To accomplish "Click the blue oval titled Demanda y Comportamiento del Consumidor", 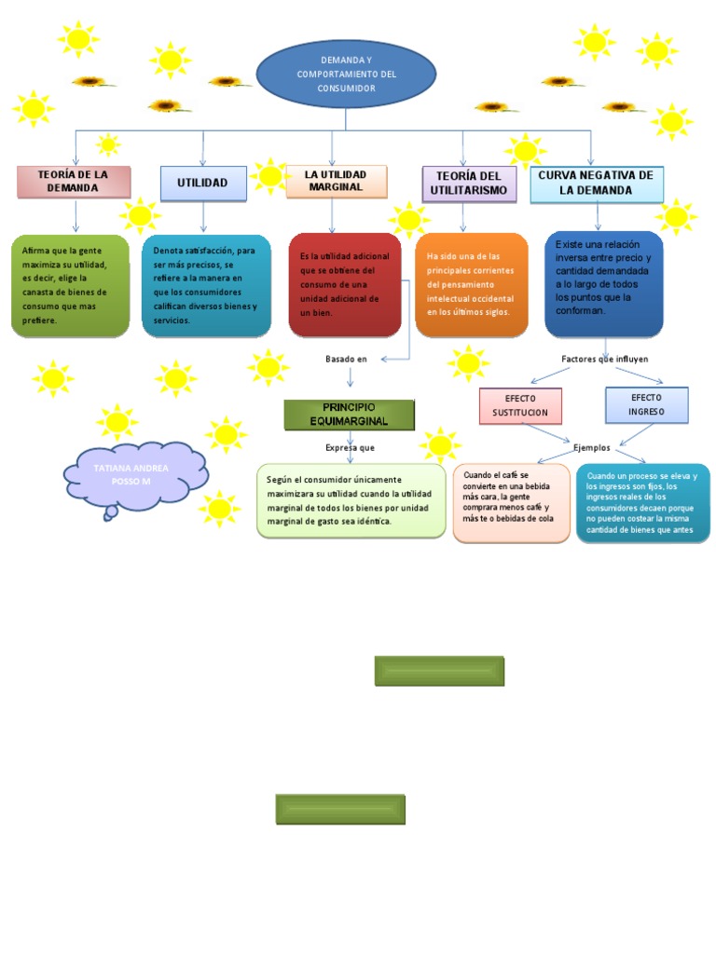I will coord(346,74).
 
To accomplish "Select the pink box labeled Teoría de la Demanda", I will coord(73,182).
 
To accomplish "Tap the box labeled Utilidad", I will coord(203,184).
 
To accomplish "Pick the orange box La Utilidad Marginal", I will coord(337,182).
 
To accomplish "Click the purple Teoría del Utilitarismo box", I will coord(468,184).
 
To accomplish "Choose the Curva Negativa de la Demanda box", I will coord(597,184).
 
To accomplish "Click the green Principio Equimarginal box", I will coord(349,415).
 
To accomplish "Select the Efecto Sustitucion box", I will coord(520,405).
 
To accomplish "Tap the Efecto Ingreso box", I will coord(646,404).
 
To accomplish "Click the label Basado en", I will coord(346,359).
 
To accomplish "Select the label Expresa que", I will coord(351,448).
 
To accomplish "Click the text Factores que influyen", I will coord(604,359).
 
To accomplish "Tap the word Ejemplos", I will coord(591,448).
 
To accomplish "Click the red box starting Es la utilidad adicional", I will coord(345,284).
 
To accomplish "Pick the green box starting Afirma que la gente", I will coord(70,285).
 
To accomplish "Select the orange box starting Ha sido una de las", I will coord(471,284).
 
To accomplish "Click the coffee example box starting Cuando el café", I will coord(511,503).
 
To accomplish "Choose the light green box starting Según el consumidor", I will coord(351,501).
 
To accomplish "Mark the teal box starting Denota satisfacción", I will coord(206,285).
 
